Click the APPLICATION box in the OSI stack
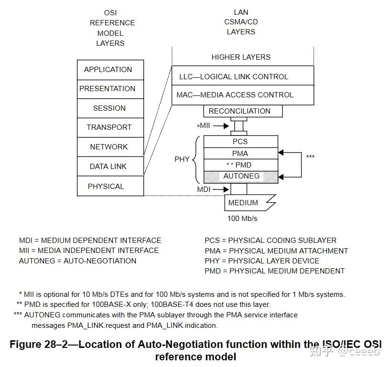click(110, 70)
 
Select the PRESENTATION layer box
click(110, 89)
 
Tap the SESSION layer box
click(110, 108)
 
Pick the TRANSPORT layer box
click(110, 127)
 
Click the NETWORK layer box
click(110, 147)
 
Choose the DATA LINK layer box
click(110, 167)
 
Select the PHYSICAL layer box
click(110, 186)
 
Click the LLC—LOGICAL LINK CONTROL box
click(242, 76)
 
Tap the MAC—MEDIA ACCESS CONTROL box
click(242, 95)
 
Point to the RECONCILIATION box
click(242, 111)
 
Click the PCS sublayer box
click(240, 142)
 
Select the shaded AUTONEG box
click(241, 177)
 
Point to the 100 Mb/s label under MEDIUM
click(242, 219)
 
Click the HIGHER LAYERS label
click(241, 57)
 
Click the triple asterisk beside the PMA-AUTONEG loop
click(310, 157)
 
